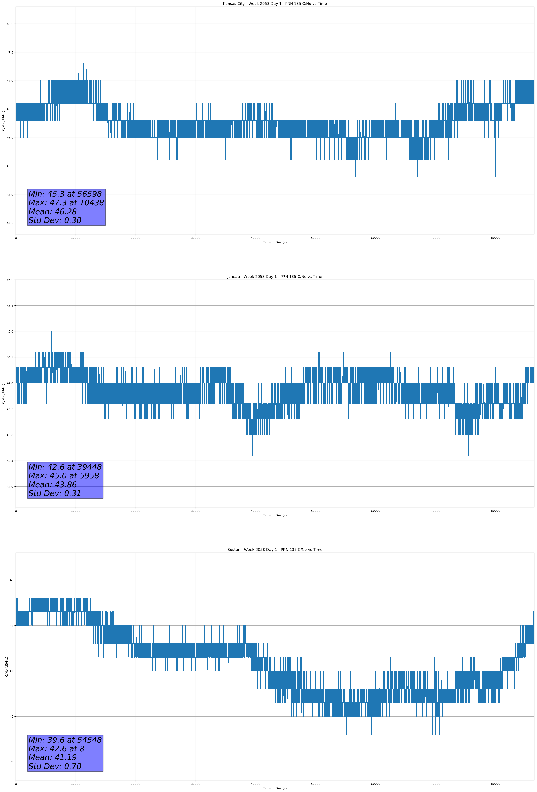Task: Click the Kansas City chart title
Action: (x=275, y=4)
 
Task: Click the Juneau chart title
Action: (x=275, y=277)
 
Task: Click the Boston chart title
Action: (x=275, y=550)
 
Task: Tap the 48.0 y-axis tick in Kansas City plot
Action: (x=10, y=24)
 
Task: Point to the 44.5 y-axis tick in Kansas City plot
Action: (x=10, y=223)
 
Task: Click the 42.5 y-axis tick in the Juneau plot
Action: (x=10, y=461)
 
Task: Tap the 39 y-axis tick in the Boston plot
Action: (x=12, y=762)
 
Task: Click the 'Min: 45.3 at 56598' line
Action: (x=65, y=194)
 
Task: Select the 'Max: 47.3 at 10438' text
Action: (x=66, y=203)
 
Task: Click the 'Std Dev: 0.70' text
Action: (x=55, y=766)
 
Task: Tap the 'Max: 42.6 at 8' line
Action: (x=56, y=749)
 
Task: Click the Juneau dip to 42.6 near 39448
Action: (x=252, y=455)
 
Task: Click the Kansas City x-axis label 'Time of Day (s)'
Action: (x=275, y=242)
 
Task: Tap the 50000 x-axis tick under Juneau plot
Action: (x=316, y=511)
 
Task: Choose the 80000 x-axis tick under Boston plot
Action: (x=496, y=784)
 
